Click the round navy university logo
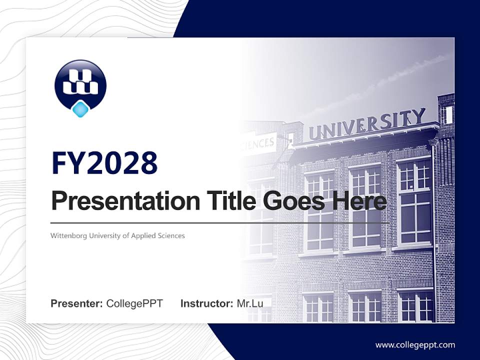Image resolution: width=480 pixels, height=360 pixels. [80, 82]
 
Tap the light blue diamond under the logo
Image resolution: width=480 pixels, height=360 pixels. [80, 109]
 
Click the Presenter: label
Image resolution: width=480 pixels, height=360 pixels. [77, 303]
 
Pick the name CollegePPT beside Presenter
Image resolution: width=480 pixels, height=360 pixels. [134, 303]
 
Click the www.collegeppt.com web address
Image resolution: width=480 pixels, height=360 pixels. [415, 345]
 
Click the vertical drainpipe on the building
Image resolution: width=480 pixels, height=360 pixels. [434, 225]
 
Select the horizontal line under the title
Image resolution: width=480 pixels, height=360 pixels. [220, 222]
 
